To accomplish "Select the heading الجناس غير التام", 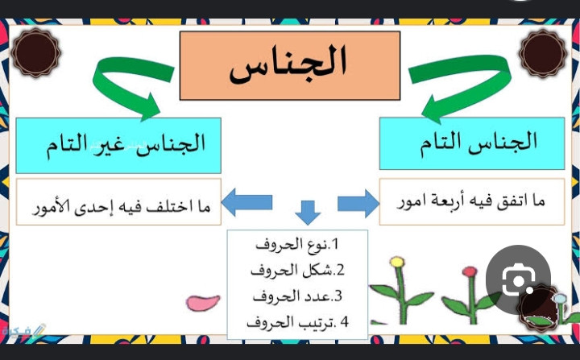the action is [126, 144].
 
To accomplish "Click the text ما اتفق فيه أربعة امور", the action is [471, 201].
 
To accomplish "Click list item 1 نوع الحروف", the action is [297, 245].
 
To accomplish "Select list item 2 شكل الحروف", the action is [298, 270].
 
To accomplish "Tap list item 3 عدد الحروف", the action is [298, 296].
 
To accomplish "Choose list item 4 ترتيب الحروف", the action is [298, 322].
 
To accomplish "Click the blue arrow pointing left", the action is [246, 202].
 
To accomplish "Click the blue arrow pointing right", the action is [358, 203].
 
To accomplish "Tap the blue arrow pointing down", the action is [308, 213].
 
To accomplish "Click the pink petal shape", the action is [203, 303].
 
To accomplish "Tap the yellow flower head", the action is [397, 262].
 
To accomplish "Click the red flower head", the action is [470, 272].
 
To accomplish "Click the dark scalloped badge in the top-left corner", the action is [35, 52].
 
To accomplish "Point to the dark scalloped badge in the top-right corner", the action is [543, 53].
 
